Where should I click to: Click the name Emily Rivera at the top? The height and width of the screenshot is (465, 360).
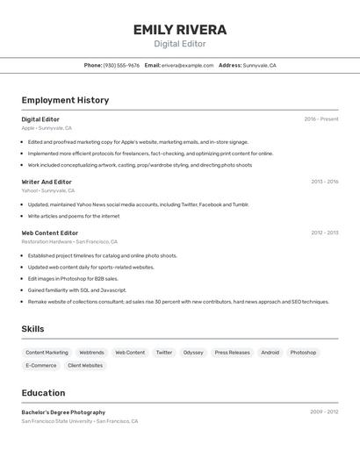[180, 30]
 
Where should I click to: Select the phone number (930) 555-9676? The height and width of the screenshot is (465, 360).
[121, 65]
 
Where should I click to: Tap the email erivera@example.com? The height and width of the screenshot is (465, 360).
[187, 65]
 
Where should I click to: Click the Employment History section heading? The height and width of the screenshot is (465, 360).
[65, 100]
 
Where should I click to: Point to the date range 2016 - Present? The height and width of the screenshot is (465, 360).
[321, 119]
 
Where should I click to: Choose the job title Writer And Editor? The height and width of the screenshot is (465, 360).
[47, 182]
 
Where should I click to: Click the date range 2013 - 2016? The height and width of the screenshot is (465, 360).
[324, 182]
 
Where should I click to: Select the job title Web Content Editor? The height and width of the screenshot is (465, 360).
[51, 232]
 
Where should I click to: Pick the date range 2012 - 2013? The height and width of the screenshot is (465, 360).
[324, 232]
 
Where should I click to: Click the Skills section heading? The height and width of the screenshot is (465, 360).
[33, 329]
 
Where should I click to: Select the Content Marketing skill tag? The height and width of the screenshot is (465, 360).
[47, 353]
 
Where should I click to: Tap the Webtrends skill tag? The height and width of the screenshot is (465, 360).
[91, 353]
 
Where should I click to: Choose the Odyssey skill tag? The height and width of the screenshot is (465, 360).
[193, 353]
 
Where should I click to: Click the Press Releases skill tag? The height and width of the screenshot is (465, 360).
[233, 353]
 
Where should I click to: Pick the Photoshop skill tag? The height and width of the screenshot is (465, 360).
[303, 353]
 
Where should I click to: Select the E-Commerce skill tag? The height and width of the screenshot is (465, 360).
[41, 365]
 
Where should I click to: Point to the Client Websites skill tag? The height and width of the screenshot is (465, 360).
[85, 365]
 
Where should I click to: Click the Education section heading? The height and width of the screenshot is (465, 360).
[43, 393]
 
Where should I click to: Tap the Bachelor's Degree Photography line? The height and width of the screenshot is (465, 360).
[63, 412]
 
